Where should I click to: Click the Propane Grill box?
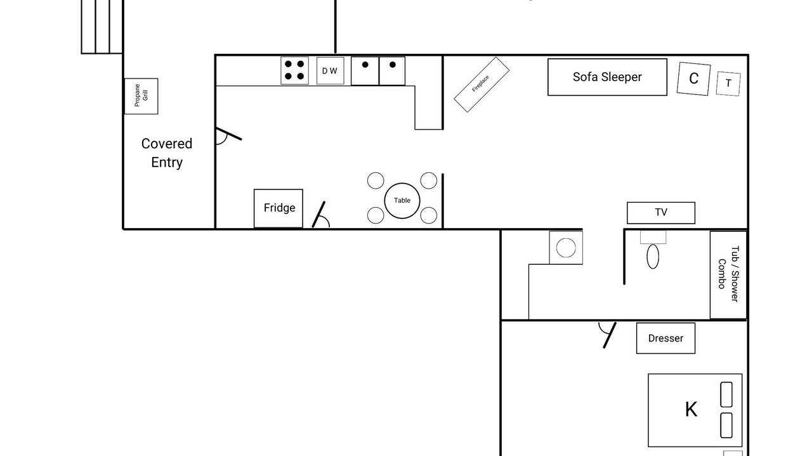tap(141, 96)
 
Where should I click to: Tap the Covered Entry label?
tap(167, 153)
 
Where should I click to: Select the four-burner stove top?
tap(295, 70)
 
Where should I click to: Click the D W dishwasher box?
tap(331, 71)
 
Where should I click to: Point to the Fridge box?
tap(278, 208)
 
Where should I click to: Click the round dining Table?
tap(402, 201)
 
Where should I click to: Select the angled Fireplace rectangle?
tap(481, 84)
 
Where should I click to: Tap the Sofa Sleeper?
tap(607, 77)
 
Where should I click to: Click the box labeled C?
tap(693, 79)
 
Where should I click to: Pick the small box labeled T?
tap(728, 84)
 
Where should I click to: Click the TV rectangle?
tap(661, 213)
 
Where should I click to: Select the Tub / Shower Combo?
tap(728, 275)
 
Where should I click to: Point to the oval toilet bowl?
tap(653, 256)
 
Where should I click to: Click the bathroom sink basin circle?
tap(566, 248)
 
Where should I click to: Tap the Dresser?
tap(665, 338)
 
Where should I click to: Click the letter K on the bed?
tap(691, 410)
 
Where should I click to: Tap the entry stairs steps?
tap(102, 27)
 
